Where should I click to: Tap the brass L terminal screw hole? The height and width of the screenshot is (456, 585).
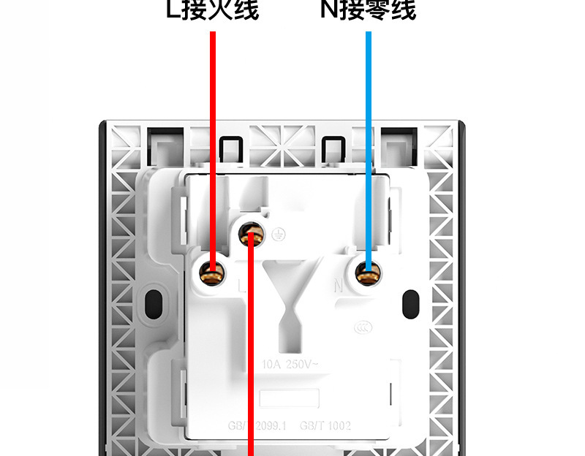(213, 274)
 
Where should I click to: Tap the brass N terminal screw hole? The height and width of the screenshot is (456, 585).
(369, 274)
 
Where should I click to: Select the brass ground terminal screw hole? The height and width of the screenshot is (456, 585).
(252, 234)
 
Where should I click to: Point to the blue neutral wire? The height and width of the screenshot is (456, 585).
(369, 146)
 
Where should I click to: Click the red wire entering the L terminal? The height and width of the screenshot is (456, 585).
(213, 146)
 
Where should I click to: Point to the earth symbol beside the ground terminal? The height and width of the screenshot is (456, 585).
(276, 234)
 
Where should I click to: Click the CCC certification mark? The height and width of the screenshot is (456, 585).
(360, 330)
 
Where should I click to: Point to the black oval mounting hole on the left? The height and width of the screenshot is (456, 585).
(154, 301)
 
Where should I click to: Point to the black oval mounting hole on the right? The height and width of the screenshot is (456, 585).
(411, 301)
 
